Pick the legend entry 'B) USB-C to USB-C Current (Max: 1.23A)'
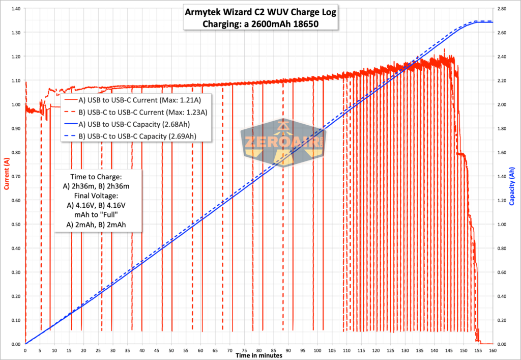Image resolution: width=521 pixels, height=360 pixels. pos(147,112)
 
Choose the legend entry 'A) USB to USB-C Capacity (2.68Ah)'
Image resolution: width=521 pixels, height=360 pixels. pos(141,124)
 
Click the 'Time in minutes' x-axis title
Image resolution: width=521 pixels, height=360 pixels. pos(258,355)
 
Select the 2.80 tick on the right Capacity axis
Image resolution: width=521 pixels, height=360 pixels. pos(502,9)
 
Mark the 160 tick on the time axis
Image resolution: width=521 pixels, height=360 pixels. pos(493,350)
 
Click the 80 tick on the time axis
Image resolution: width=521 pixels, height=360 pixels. pos(259,350)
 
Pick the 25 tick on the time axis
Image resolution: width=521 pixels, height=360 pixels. pos(98,350)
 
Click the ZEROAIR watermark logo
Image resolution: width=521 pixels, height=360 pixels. pos(283,144)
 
